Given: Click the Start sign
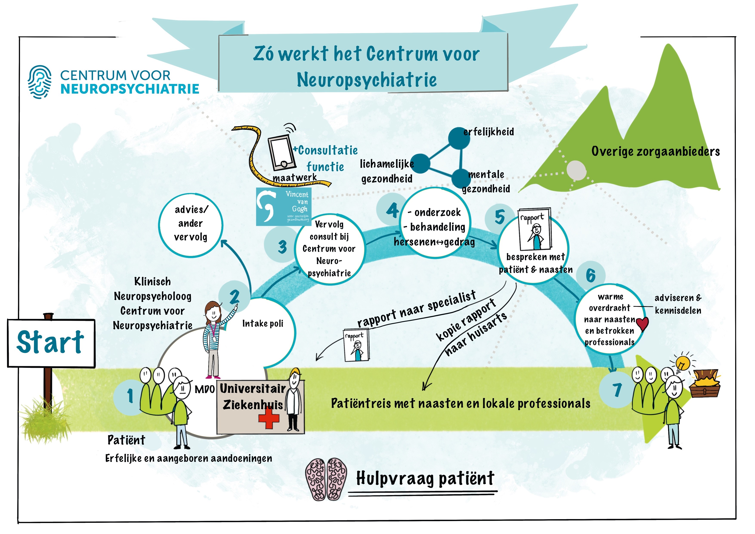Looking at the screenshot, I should point(51,343).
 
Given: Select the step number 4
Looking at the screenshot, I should point(392,210).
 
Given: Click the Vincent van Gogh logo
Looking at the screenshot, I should point(283,207).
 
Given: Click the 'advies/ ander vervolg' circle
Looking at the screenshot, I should point(191,224).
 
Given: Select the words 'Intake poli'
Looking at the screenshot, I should point(263,324).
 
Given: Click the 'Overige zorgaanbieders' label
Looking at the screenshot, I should point(655,152).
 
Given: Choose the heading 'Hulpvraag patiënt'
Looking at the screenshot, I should point(425,479).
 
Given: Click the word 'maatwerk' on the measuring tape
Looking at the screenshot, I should point(294,178).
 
